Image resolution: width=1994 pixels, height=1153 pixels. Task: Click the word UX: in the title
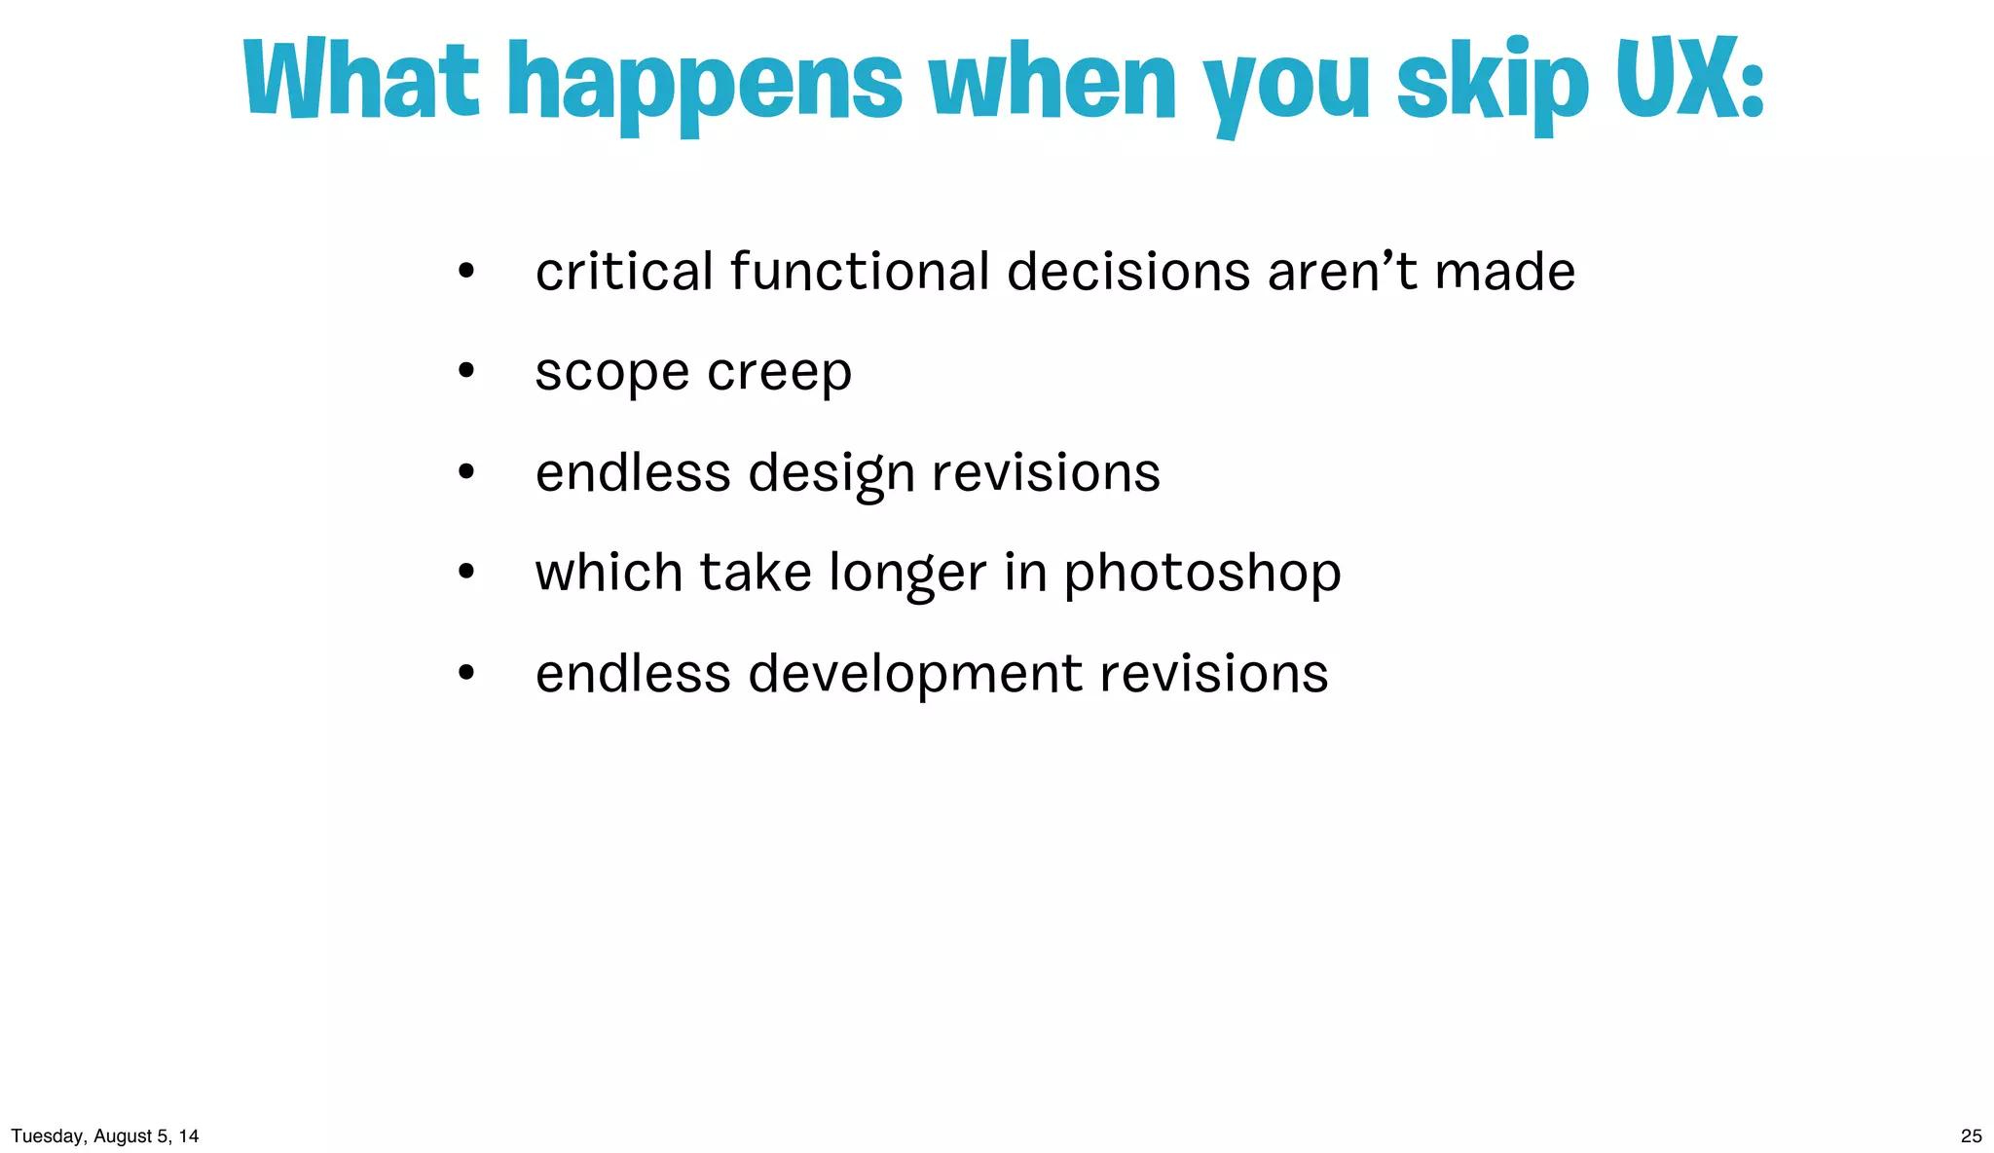1689,80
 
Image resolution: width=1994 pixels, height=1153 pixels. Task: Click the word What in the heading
362,80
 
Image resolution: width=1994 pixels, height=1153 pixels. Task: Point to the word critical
624,272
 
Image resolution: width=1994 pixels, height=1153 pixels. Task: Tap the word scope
612,373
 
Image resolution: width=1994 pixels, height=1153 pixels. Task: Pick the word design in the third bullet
831,474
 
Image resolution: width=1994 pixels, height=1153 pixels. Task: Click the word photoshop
1201,575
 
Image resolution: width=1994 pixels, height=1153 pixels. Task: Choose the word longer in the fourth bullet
907,575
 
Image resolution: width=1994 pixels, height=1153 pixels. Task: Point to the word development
915,675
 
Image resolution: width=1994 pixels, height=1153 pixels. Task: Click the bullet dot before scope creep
466,371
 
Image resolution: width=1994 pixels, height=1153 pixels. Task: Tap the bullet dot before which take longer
466,573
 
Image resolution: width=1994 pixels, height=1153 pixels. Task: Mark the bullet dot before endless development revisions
466,673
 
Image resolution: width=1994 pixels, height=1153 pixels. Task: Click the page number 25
1971,1135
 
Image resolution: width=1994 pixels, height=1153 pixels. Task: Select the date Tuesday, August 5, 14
105,1135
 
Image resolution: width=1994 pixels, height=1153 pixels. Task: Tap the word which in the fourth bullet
609,573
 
